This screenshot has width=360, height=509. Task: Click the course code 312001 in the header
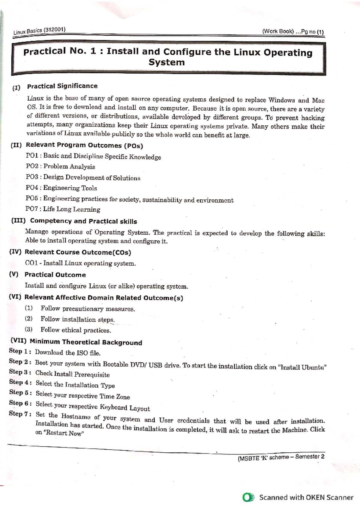click(x=55, y=30)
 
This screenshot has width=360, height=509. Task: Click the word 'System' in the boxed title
click(x=166, y=62)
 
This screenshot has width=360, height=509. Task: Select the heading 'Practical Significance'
click(x=62, y=86)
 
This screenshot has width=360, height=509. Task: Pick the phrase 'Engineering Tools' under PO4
click(x=70, y=188)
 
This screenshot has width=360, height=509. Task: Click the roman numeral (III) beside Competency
click(x=19, y=221)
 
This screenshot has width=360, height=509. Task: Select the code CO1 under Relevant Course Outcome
click(x=31, y=263)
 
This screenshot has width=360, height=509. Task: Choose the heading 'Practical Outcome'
click(x=55, y=275)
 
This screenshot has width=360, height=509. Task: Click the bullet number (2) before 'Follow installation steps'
click(x=28, y=319)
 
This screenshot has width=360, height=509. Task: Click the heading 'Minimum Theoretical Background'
click(x=86, y=342)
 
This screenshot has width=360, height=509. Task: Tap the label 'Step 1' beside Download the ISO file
click(x=20, y=351)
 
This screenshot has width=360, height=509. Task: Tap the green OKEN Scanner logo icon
click(x=248, y=497)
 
